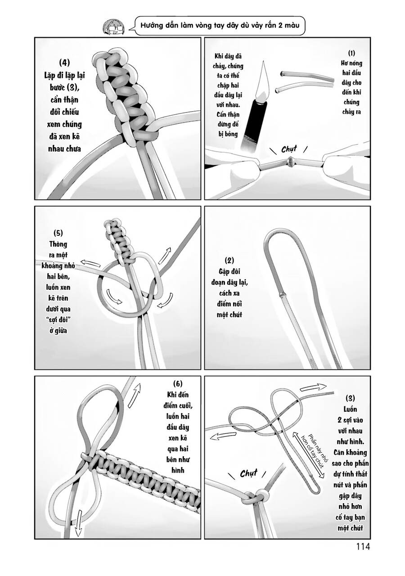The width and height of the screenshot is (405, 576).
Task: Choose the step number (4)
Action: tap(65, 62)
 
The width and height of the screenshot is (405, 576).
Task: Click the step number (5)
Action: tap(58, 233)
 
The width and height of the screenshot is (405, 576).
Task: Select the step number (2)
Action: tap(229, 261)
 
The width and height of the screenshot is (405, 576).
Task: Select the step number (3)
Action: tap(351, 398)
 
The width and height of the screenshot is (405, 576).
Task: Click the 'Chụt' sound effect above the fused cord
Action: tap(289, 148)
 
